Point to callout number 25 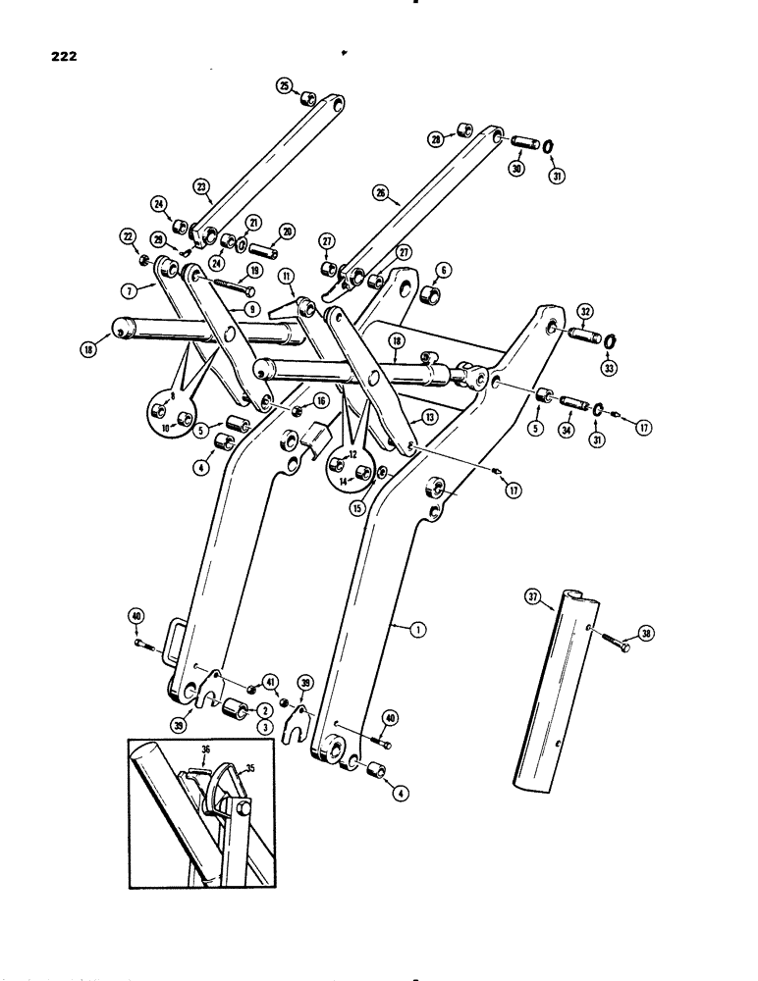coord(285,87)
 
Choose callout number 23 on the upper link coord(202,186)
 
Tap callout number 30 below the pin coord(517,169)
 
